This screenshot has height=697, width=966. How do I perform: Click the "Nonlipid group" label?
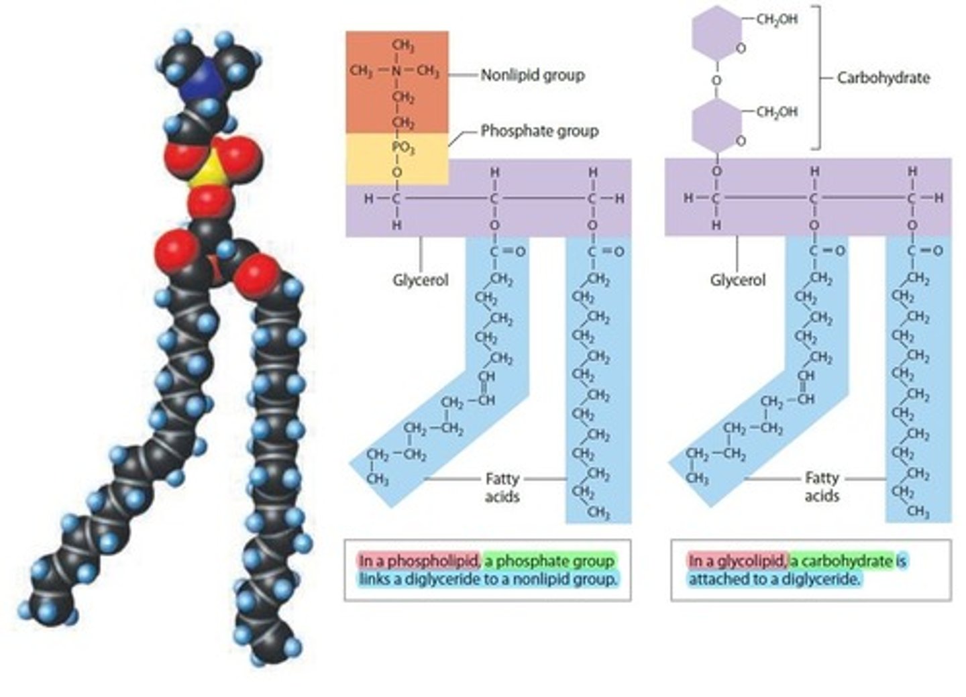point(533,75)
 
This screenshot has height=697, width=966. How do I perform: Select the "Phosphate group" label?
point(539,131)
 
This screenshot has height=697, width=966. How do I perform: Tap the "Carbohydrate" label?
point(883,78)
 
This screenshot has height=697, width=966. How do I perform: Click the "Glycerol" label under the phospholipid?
point(420,280)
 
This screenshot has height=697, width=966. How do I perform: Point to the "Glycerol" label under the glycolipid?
point(737,280)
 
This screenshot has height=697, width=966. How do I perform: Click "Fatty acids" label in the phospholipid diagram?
point(502,488)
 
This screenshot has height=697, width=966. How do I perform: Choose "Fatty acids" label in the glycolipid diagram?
point(822,488)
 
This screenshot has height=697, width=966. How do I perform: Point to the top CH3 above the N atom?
point(403,46)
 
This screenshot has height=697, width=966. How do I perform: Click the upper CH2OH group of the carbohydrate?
point(777,19)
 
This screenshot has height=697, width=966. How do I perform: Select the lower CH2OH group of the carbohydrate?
point(777,112)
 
